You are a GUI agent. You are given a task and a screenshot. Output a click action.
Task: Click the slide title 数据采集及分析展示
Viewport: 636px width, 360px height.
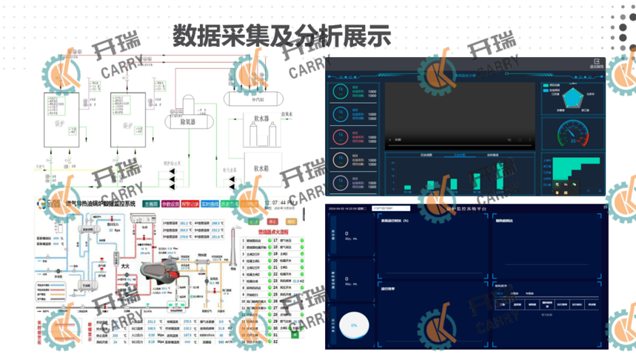(x=281, y=34)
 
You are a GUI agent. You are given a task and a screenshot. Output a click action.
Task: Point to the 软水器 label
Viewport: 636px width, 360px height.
(x=264, y=117)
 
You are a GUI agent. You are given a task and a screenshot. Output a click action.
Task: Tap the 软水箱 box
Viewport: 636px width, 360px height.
(x=264, y=168)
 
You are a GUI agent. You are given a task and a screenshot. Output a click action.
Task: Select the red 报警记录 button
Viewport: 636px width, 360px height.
(x=190, y=204)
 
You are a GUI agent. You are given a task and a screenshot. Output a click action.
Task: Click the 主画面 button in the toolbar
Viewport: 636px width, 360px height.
(x=150, y=204)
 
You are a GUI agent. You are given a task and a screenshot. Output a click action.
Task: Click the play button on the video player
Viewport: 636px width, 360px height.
(x=390, y=140)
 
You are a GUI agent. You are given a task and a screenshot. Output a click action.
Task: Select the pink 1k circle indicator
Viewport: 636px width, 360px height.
(x=340, y=137)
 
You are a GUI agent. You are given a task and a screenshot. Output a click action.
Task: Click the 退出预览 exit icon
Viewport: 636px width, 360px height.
(x=596, y=63)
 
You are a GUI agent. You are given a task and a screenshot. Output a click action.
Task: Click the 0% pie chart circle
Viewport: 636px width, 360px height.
(x=354, y=325)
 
